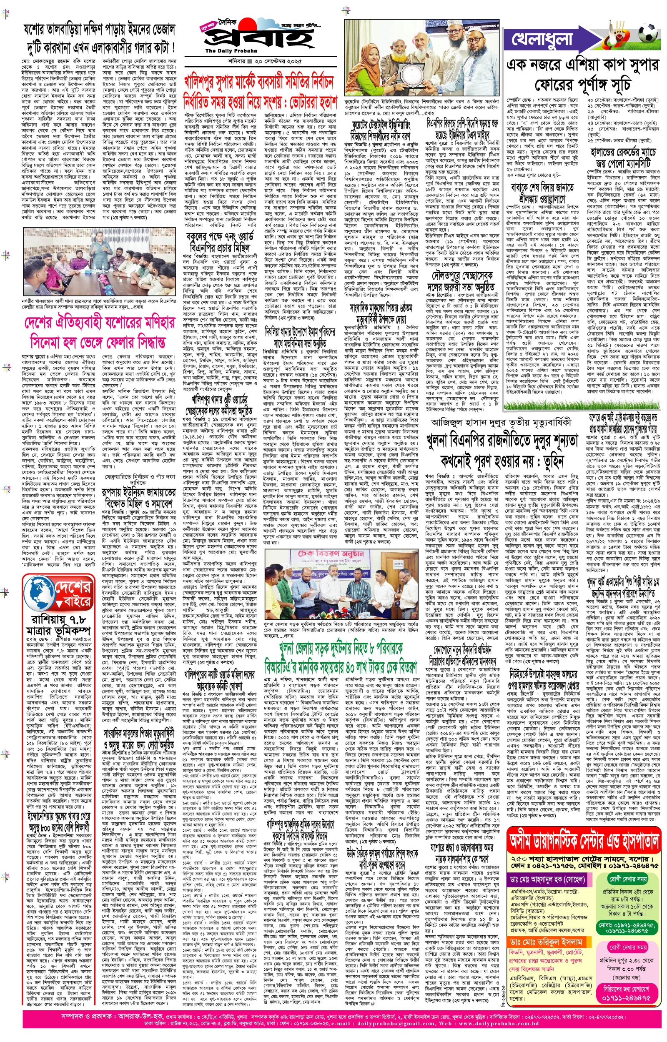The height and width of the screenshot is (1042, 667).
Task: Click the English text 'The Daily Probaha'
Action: pos(225,51)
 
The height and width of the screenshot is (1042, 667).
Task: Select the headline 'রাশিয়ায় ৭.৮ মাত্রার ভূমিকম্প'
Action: pos(58,625)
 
